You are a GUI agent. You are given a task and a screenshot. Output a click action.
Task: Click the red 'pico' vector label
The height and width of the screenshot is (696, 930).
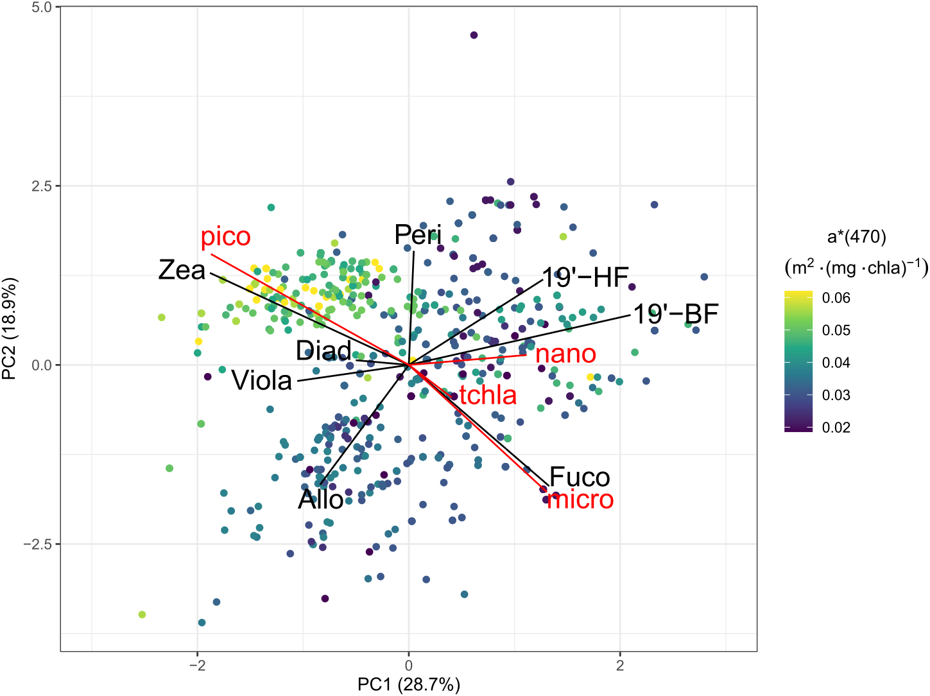point(225,237)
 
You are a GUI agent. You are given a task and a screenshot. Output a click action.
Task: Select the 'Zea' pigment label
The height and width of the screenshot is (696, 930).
point(182,270)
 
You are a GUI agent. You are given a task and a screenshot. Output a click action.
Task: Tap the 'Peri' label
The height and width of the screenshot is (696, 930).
point(418,235)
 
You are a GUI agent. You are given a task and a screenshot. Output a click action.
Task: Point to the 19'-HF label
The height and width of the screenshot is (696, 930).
point(585,277)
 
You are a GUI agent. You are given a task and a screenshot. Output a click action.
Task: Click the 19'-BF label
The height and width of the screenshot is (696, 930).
point(676,314)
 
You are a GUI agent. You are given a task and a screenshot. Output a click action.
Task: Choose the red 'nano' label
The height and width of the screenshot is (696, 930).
point(565,354)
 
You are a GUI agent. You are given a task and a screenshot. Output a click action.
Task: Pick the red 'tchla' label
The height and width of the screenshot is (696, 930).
point(488,395)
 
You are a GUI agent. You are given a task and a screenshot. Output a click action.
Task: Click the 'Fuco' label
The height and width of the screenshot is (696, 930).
point(580,477)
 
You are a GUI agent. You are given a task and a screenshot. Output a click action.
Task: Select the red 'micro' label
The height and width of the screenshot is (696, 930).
point(580,500)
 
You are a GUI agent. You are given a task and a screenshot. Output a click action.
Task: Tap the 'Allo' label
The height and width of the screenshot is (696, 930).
point(320,500)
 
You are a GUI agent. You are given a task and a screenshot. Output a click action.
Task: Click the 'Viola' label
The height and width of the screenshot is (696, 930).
point(261,381)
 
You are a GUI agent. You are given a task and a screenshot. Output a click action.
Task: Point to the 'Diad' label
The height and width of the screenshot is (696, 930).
point(323,351)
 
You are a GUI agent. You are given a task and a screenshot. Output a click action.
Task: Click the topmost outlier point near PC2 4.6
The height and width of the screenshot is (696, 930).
point(474,35)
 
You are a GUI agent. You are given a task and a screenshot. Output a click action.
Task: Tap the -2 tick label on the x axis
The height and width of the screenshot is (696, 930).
point(197,666)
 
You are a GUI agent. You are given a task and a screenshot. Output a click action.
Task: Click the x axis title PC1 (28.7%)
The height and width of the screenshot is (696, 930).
point(409,685)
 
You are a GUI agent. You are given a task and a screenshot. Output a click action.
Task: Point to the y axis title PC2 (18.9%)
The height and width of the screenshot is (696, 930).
point(10,329)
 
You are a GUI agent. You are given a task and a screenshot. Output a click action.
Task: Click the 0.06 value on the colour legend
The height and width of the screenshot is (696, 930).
point(836,298)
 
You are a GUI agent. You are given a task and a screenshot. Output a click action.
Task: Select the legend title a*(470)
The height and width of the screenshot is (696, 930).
point(856,238)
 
